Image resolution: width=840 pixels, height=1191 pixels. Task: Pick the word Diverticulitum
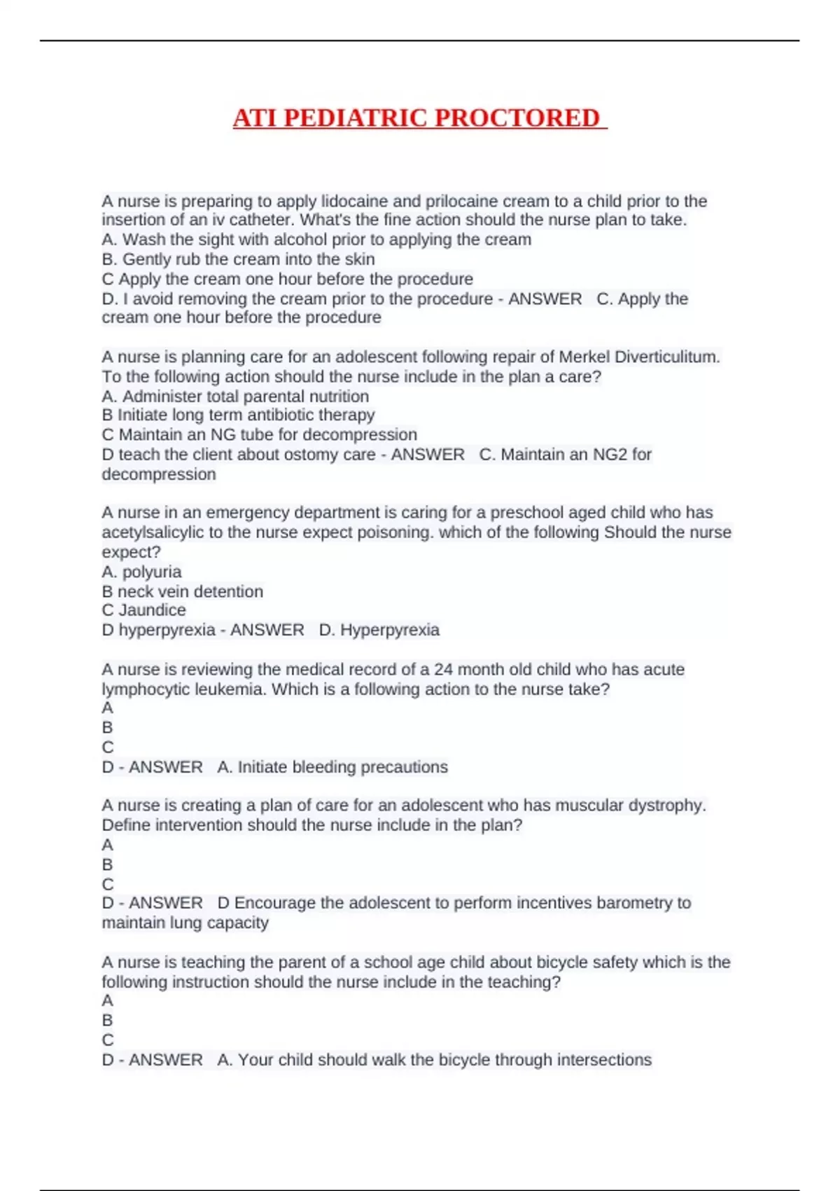[x=667, y=357]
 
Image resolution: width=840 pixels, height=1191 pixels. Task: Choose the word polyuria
[x=152, y=572]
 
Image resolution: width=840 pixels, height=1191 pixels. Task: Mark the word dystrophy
[x=666, y=806]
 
